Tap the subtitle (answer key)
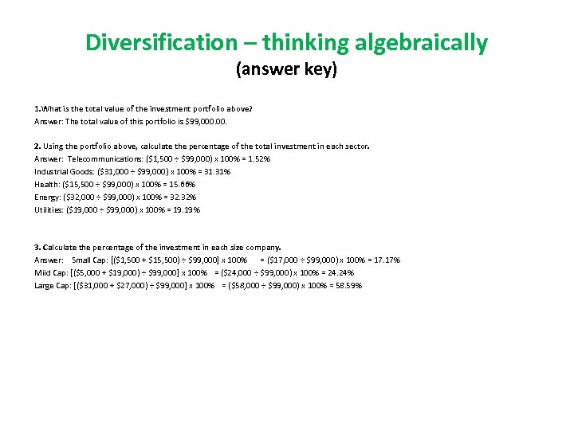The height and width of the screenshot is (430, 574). pyautogui.click(x=286, y=70)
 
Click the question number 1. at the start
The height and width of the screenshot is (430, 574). pyautogui.click(x=37, y=107)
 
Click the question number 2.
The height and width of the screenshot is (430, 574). pyautogui.click(x=37, y=146)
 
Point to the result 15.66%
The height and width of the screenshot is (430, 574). pyautogui.click(x=181, y=184)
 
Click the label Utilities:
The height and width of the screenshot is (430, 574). pyautogui.click(x=50, y=209)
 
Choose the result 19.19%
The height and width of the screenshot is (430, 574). pyautogui.click(x=185, y=209)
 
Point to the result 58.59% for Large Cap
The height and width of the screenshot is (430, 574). pyautogui.click(x=346, y=285)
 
